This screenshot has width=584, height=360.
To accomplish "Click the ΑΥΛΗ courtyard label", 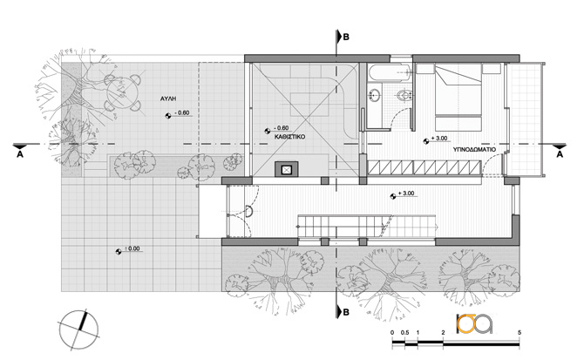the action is [168, 98].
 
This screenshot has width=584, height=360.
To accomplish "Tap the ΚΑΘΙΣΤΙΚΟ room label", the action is [289, 137].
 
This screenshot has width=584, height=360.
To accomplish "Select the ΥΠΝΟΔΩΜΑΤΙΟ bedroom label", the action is [474, 149].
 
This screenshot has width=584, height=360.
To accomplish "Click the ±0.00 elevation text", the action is [132, 248].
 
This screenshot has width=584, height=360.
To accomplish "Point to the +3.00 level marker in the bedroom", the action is [439, 138].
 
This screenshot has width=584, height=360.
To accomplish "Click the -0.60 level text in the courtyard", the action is [181, 112].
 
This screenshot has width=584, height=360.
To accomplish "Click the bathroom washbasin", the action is [374, 95].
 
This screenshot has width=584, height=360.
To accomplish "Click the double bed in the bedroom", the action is [458, 98].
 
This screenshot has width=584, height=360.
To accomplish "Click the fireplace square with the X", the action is [286, 169].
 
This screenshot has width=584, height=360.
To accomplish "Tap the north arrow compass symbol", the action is [78, 329].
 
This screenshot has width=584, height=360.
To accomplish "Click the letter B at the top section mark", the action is [346, 37].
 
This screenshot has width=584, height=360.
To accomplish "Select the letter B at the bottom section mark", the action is [346, 312].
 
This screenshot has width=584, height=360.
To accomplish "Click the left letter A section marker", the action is [20, 153].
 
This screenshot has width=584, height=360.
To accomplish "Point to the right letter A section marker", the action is [560, 153].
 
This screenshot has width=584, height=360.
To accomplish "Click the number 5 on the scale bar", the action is [519, 332].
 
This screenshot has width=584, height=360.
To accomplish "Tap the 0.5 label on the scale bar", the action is [404, 332].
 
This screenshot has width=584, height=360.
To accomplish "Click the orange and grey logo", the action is [474, 324].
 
